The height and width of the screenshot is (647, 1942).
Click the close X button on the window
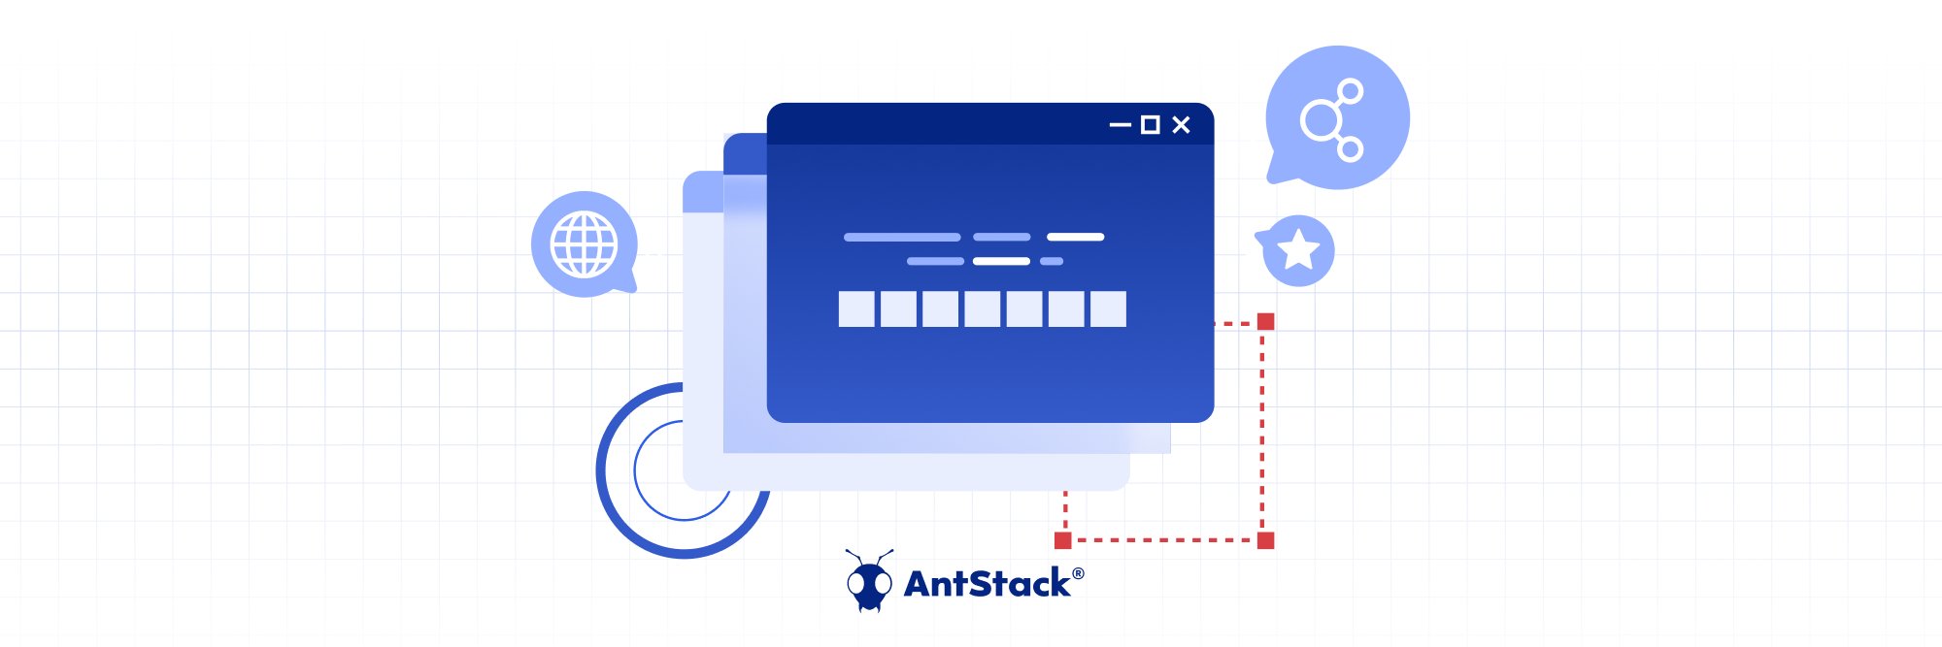tap(1181, 125)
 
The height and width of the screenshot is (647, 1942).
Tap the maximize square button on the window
tap(1150, 125)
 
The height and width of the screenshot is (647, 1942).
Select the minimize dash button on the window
tap(1120, 125)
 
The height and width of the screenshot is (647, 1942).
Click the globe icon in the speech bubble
tap(584, 244)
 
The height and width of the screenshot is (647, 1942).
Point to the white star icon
tap(1298, 250)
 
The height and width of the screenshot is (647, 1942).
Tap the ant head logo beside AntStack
tap(868, 582)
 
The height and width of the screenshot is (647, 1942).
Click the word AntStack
tap(987, 584)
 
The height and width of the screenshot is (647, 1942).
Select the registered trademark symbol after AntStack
tap(1078, 573)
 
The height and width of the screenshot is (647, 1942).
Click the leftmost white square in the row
tap(856, 309)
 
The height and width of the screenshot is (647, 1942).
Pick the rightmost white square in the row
tap(1108, 309)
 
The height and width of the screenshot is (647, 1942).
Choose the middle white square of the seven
tap(982, 309)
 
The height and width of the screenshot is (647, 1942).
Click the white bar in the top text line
tap(1075, 237)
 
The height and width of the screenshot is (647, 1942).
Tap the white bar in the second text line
tap(1001, 261)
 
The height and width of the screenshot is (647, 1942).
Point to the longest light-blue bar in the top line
tap(902, 237)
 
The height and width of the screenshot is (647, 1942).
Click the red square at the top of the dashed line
tap(1265, 322)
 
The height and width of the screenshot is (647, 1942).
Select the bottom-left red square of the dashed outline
tap(1063, 540)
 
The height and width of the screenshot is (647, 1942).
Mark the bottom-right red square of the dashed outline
tap(1265, 540)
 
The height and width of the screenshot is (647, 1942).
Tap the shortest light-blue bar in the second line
tap(1052, 261)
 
